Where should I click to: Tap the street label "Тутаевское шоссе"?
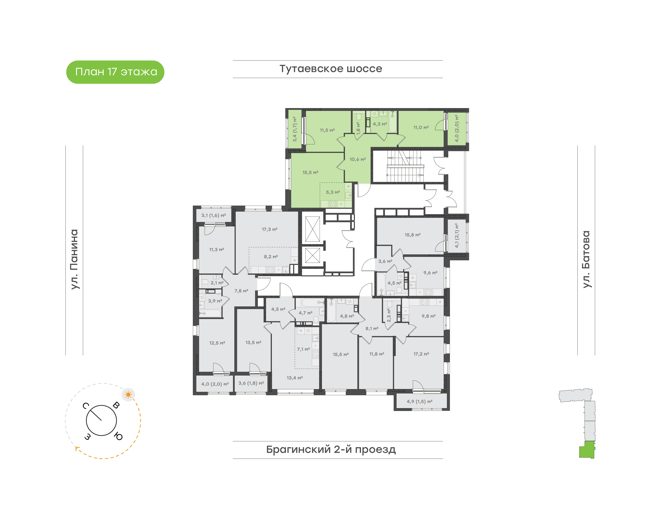[x=331, y=69]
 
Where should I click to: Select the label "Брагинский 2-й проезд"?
[x=331, y=449]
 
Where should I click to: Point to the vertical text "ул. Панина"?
[x=74, y=259]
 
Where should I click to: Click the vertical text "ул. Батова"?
[x=586, y=259]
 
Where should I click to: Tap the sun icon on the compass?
[x=128, y=395]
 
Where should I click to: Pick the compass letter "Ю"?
[x=118, y=437]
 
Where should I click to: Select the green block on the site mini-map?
[x=587, y=450]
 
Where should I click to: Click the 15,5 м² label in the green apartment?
[x=310, y=173]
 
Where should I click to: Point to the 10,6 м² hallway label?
[x=358, y=159]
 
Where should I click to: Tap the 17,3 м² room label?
[x=270, y=229]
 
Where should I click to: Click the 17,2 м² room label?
[x=421, y=354]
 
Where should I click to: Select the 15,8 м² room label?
[x=412, y=235]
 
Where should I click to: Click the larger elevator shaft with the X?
[x=313, y=229]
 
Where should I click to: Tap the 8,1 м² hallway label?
[x=372, y=328]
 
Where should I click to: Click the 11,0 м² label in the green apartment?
[x=421, y=128]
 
